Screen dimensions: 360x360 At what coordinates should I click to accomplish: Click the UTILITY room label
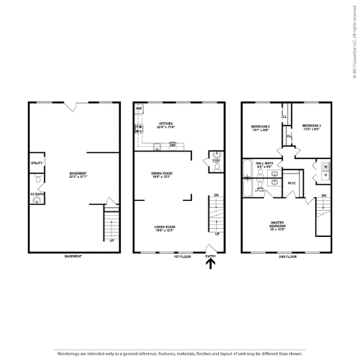37,163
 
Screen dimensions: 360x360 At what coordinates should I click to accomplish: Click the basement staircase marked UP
110,225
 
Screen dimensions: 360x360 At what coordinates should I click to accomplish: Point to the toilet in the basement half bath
36,181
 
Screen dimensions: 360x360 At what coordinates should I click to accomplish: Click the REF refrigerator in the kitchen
139,109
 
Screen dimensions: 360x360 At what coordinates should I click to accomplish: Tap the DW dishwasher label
172,145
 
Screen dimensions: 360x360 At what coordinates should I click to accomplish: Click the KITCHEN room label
166,125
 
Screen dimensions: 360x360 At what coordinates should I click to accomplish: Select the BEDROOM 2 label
259,127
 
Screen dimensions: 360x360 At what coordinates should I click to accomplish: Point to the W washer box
325,166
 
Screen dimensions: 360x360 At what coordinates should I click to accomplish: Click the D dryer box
325,175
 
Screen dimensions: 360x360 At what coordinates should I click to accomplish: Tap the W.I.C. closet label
292,182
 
